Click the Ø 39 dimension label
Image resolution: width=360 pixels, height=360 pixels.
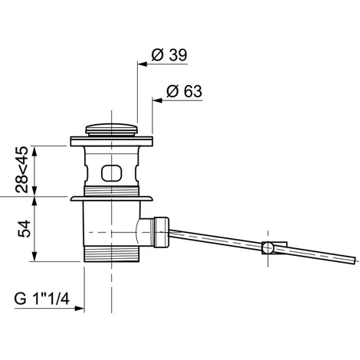pos(169,54)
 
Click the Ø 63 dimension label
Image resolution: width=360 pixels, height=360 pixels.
pos(185,91)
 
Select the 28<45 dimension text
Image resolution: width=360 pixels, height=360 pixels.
pos(21,169)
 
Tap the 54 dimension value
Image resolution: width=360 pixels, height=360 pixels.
pos(25,229)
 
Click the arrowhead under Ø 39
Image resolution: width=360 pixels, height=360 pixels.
pos(142,64)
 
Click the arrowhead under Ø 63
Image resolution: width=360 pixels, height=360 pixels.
pos(158,100)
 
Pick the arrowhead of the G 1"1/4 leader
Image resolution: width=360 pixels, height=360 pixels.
pos(80,309)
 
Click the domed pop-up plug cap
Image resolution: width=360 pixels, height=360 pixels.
pos(112,129)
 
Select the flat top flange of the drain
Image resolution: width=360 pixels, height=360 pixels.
pos(112,142)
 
